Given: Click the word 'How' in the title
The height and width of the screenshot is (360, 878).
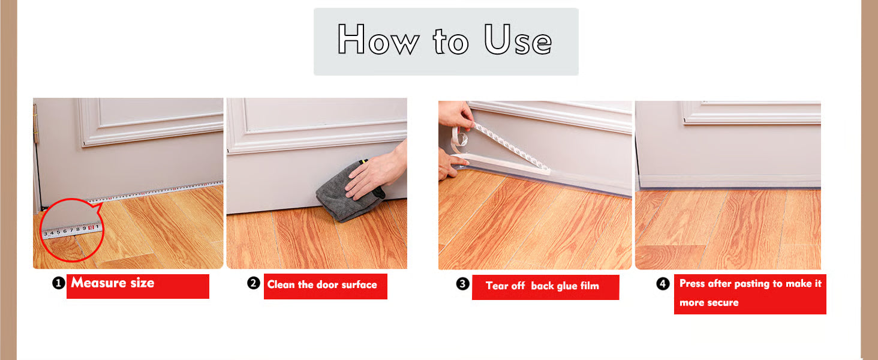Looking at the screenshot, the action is pyautogui.click(x=378, y=39).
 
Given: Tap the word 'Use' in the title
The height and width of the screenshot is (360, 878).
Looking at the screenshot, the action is pyautogui.click(x=518, y=39).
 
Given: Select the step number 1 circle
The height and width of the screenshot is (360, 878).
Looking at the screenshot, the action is pyautogui.click(x=58, y=283).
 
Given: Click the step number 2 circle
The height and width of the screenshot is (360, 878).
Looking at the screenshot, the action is pyautogui.click(x=254, y=283).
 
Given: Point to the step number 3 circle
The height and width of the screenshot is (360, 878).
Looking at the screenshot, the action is pyautogui.click(x=463, y=284).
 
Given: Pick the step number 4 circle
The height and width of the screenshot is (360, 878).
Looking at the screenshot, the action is pyautogui.click(x=663, y=284).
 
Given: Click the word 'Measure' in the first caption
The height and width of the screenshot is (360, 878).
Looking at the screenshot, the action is pyautogui.click(x=98, y=283).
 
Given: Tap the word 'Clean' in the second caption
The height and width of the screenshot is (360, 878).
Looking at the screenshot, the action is pyautogui.click(x=281, y=284).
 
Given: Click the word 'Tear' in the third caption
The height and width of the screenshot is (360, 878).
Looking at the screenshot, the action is pyautogui.click(x=498, y=286).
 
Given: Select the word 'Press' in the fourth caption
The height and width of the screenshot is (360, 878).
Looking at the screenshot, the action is pyautogui.click(x=692, y=283).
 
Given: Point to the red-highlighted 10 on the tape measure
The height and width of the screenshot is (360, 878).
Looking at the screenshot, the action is pyautogui.click(x=91, y=227).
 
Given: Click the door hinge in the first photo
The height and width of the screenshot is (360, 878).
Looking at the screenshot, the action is pyautogui.click(x=35, y=123).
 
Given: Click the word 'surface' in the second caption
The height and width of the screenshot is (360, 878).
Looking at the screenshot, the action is pyautogui.click(x=359, y=284).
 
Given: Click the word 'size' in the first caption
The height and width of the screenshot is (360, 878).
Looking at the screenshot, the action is pyautogui.click(x=142, y=283).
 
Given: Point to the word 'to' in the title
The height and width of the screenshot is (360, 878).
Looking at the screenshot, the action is pyautogui.click(x=451, y=41).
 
